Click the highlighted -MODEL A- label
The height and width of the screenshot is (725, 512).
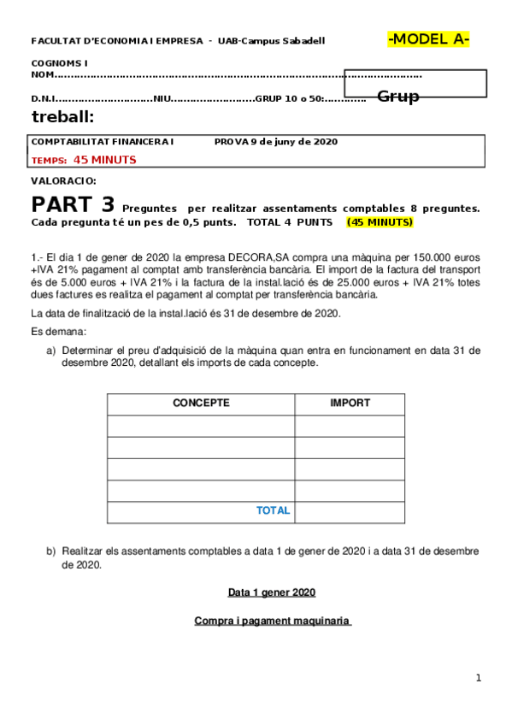429,38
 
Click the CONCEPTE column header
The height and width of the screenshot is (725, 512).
201,403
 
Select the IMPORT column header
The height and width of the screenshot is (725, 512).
350,403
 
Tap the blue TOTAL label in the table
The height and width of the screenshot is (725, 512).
273,510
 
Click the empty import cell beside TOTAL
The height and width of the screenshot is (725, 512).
350,511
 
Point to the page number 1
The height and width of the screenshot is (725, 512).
479,678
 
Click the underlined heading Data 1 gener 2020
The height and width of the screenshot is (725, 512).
272,592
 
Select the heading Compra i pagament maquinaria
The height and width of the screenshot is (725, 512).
273,621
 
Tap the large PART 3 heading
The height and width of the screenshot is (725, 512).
73,204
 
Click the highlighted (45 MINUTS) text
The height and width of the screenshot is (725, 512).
380,222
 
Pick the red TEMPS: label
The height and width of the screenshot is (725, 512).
49,160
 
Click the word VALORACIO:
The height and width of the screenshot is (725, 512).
64,181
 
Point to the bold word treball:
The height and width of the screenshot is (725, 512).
62,117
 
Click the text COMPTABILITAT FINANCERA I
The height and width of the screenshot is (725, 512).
103,141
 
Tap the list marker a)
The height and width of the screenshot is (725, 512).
51,351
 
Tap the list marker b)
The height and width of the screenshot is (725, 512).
51,551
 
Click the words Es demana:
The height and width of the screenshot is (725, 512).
58,331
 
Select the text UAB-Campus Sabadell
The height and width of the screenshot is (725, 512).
271,41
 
